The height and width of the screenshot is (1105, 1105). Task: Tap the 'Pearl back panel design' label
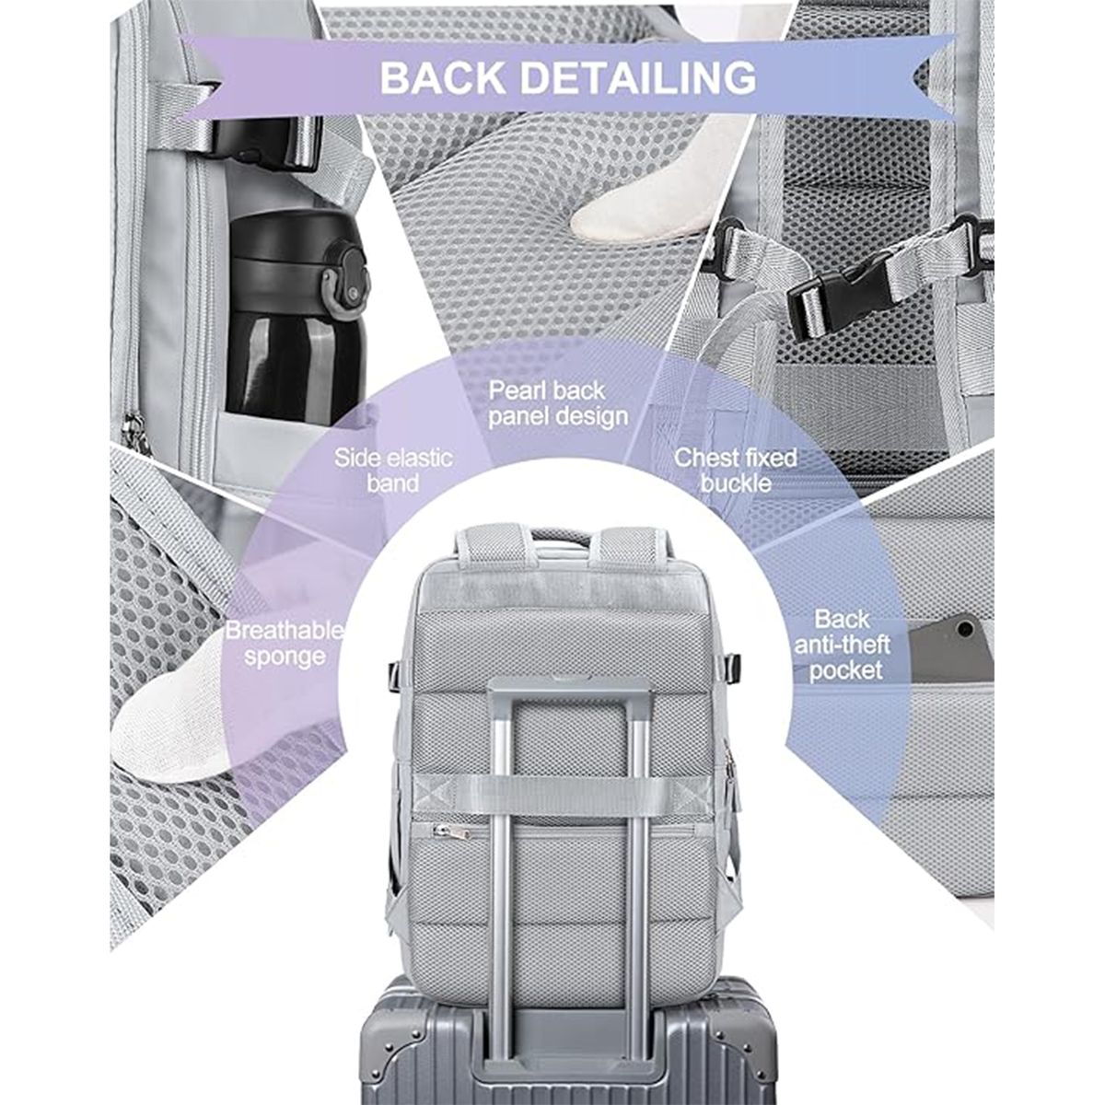coord(558,403)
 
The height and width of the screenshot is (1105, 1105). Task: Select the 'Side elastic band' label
coord(393,471)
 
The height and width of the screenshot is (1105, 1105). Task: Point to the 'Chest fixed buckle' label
coord(736,471)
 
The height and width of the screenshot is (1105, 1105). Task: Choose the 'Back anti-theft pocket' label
coord(842,645)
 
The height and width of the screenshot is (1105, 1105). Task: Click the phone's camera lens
coord(967,630)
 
